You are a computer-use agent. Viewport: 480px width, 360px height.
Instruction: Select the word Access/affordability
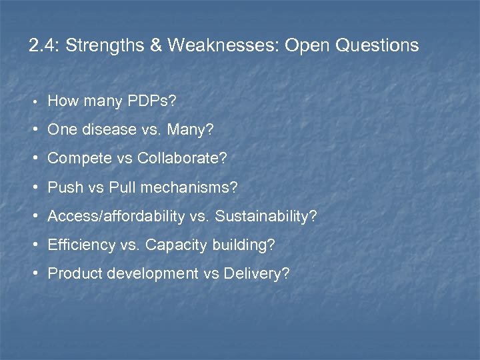(x=117, y=216)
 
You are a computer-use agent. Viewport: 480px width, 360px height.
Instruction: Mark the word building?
(x=244, y=245)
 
